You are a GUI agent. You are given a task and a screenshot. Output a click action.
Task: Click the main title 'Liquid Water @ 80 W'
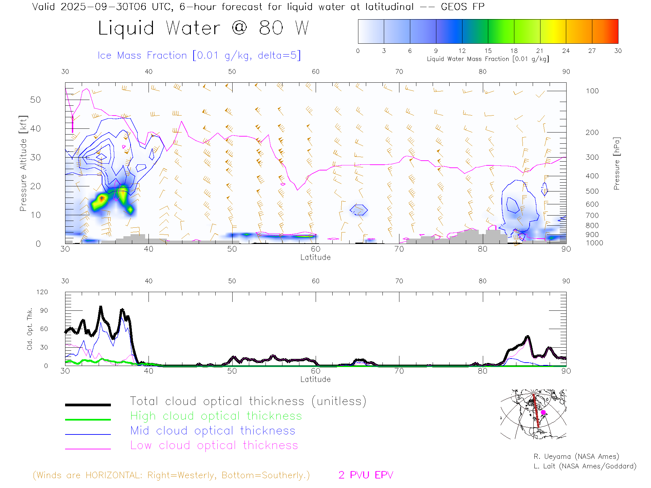click(203, 28)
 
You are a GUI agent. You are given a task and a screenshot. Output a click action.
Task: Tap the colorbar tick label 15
click(488, 51)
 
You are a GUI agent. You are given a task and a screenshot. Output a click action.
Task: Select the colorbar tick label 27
click(592, 51)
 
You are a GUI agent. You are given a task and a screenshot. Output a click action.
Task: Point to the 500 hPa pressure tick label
click(592, 191)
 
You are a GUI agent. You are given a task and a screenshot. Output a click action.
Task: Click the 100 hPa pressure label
click(592, 91)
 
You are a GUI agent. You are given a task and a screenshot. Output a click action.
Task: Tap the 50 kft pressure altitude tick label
click(35, 100)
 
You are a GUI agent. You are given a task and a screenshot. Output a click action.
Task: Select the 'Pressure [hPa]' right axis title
click(617, 163)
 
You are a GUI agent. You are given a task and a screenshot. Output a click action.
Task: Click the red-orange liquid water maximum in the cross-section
click(101, 198)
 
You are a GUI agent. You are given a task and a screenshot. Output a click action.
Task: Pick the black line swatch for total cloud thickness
click(88, 405)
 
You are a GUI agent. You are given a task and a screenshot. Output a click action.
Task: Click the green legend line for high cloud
click(88, 420)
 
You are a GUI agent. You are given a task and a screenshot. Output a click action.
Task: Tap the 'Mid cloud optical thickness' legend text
click(213, 431)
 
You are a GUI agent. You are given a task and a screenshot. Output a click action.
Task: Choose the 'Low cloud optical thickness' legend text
click(214, 445)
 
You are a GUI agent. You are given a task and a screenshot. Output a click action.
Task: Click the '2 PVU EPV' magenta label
click(366, 475)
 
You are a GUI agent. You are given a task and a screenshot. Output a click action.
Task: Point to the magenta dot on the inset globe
click(543, 412)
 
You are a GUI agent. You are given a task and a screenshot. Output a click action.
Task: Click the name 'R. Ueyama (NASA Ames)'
click(576, 456)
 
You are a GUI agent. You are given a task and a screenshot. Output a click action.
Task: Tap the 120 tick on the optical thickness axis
click(42, 292)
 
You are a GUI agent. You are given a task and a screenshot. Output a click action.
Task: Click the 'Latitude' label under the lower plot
click(315, 379)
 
